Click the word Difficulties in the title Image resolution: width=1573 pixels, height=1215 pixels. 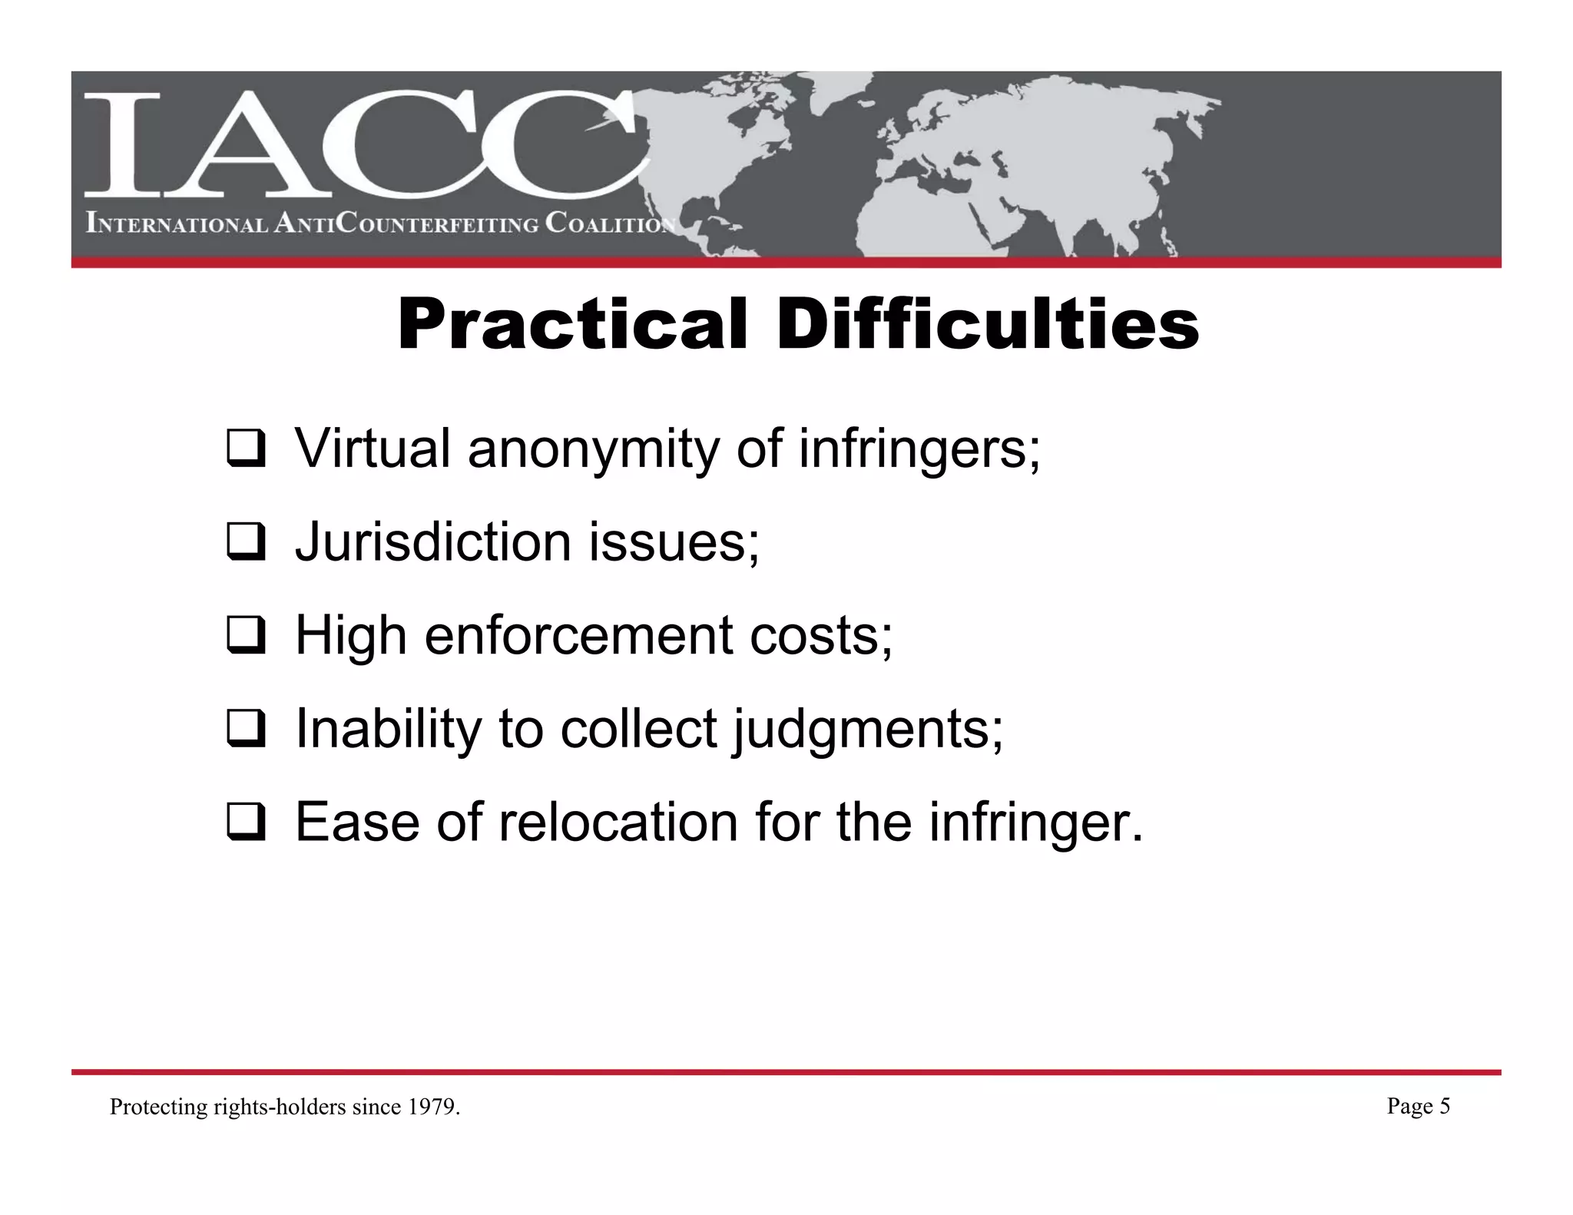click(x=987, y=326)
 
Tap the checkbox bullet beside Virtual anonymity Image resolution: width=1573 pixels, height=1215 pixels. click(x=245, y=451)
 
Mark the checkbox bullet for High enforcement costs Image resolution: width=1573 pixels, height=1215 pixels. click(x=245, y=637)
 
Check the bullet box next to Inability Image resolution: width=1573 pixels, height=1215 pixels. click(x=245, y=730)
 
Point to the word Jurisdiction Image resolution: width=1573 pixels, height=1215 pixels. click(x=433, y=542)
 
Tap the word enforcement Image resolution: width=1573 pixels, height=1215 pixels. click(x=579, y=636)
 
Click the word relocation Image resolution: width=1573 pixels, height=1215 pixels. click(x=620, y=822)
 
